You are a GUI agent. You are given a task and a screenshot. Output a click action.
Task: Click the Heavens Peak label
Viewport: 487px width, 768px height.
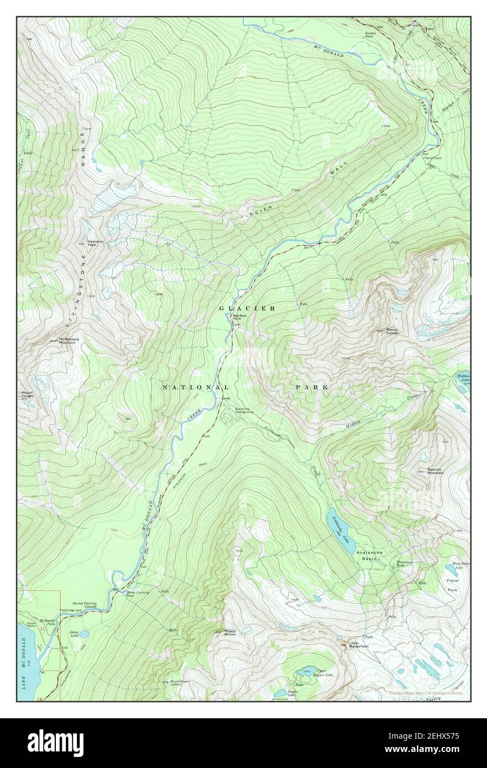(88, 244)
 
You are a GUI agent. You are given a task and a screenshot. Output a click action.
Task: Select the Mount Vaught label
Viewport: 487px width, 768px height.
(28, 395)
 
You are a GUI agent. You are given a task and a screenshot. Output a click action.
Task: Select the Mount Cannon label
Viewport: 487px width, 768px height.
(392, 332)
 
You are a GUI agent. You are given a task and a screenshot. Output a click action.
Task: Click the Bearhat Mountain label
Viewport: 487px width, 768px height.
(436, 471)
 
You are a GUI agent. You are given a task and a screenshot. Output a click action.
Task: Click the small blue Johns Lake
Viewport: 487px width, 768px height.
(83, 634)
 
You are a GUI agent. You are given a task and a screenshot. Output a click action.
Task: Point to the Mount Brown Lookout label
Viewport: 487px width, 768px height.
(180, 683)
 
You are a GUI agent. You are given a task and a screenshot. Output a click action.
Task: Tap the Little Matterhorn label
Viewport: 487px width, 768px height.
(358, 645)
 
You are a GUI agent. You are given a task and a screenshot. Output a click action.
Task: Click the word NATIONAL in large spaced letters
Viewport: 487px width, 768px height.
(195, 388)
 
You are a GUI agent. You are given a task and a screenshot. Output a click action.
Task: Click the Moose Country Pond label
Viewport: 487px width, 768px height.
(138, 595)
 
